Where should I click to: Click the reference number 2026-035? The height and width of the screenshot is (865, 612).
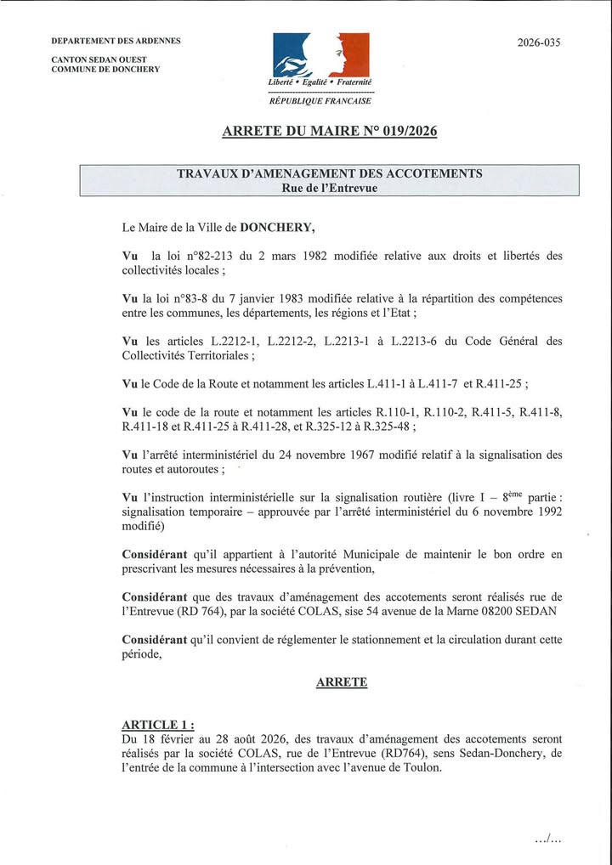pyautogui.click(x=539, y=42)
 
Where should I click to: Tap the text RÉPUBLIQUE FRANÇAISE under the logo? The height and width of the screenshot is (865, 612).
pyautogui.click(x=320, y=100)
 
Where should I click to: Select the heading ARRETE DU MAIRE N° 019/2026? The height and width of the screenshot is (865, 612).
pyautogui.click(x=329, y=132)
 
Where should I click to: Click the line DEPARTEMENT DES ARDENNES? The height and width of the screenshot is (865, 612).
pyautogui.click(x=116, y=41)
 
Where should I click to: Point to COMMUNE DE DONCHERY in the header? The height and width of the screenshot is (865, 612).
pyautogui.click(x=105, y=70)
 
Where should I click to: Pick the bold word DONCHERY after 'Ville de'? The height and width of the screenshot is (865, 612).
pyautogui.click(x=277, y=228)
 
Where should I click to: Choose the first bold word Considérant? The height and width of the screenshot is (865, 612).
pyautogui.click(x=155, y=555)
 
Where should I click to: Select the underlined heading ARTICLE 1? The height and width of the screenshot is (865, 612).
pyautogui.click(x=157, y=724)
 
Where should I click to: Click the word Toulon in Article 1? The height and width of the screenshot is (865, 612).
pyautogui.click(x=421, y=768)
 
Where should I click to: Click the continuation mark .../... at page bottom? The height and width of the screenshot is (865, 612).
pyautogui.click(x=548, y=840)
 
